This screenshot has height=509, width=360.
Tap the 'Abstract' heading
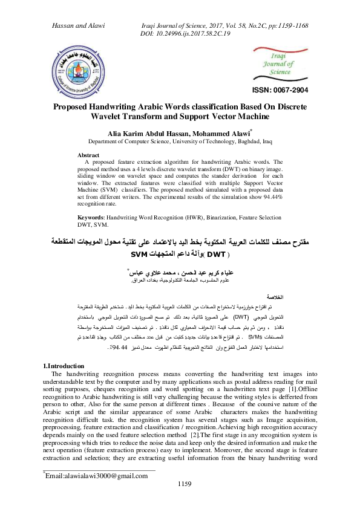pyautogui.click(x=89, y=155)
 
